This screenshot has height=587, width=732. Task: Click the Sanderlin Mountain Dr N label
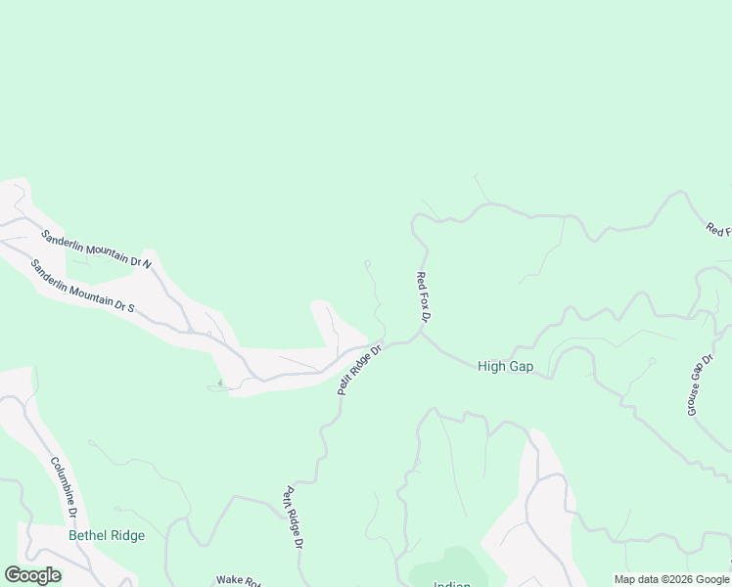[96, 248]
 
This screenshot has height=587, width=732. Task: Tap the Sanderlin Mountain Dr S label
[82, 286]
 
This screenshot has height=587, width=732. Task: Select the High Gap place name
[505, 366]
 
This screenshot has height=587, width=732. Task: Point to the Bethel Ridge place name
[107, 535]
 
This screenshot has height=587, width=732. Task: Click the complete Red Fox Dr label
[424, 297]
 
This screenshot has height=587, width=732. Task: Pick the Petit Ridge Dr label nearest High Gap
[359, 367]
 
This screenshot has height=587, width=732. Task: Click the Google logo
[32, 575]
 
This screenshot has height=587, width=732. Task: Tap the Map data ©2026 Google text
[672, 579]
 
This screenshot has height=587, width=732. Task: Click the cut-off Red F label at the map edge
[718, 230]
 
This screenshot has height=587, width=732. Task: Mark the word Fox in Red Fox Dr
[423, 296]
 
